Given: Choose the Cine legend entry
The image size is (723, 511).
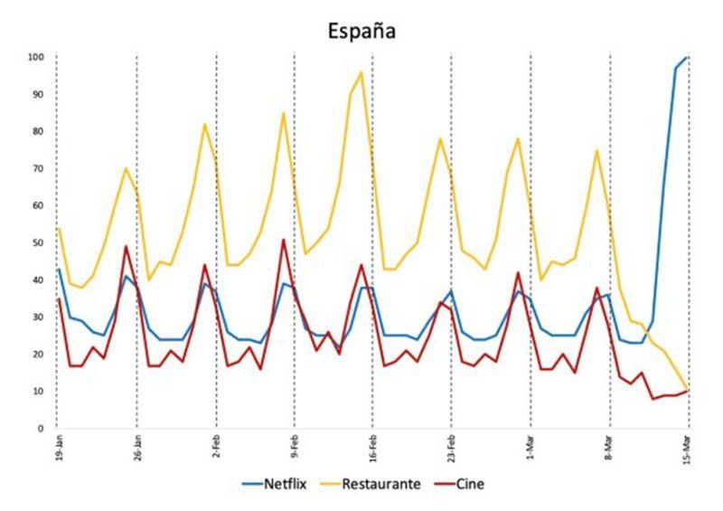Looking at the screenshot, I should coord(470,484).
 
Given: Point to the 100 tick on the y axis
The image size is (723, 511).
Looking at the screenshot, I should coord(36,57).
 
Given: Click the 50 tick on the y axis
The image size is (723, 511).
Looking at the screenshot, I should coord(39,242).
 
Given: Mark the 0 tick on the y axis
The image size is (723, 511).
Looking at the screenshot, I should coord(42,428).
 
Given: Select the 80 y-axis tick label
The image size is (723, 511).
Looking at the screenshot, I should coord(39,131).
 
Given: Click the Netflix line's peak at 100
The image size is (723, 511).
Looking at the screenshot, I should coord(688,57).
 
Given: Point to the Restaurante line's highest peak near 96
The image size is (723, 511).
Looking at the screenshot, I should coord(361,72).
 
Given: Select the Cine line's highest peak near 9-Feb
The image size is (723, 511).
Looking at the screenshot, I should coord(284,240).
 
